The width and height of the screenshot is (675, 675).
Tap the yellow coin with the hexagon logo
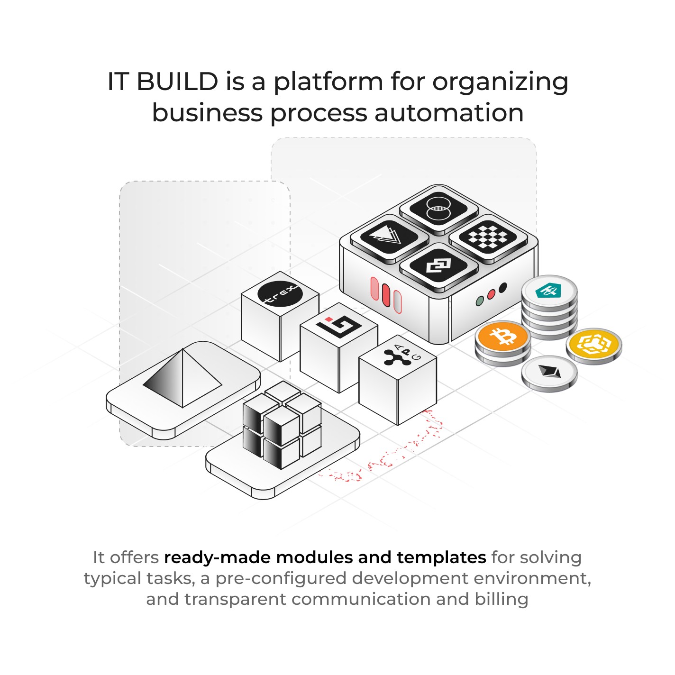[x=593, y=344]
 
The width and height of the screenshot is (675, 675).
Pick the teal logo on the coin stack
[x=548, y=290]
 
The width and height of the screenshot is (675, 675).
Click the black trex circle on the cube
[x=280, y=294]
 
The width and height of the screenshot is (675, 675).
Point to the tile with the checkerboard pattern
[x=488, y=236]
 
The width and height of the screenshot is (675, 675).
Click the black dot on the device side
[x=503, y=287]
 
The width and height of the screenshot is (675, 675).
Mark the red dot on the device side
[x=492, y=294]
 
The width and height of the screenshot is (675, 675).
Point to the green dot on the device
[x=480, y=301]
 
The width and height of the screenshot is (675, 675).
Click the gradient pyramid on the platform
[x=182, y=379]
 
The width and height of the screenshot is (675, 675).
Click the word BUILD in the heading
[x=177, y=82]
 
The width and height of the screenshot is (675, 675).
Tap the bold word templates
[x=441, y=557]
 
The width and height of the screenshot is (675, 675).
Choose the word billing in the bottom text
[x=502, y=599]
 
